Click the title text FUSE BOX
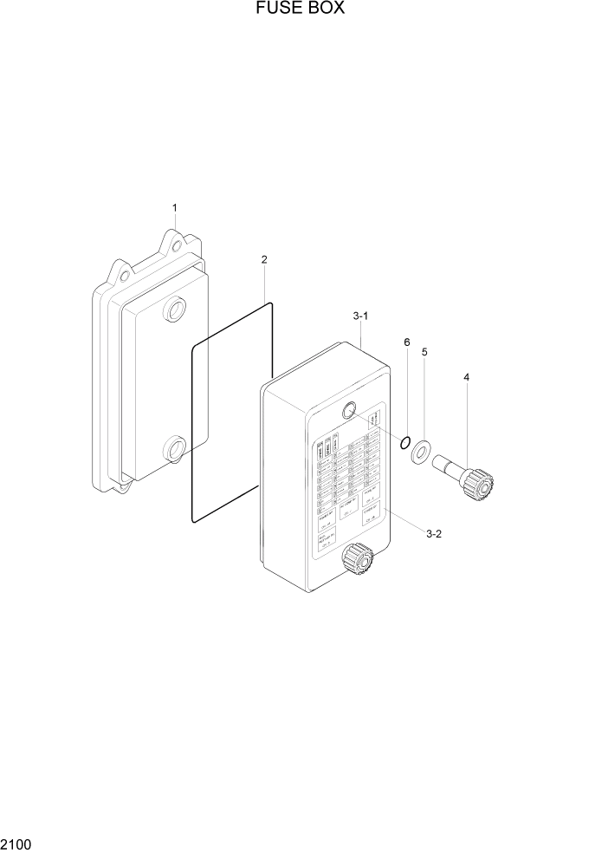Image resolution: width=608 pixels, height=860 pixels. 301,10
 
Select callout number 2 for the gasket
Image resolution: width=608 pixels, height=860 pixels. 264,259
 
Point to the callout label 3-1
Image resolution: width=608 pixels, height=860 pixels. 361,317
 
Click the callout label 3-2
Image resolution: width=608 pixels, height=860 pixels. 435,534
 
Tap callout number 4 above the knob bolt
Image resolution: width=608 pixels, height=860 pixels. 467,377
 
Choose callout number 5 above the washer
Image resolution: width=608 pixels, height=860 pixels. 424,352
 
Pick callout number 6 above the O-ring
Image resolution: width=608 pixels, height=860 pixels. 406,342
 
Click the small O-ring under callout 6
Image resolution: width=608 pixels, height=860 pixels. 404,444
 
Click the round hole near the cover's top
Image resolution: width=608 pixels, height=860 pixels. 351,412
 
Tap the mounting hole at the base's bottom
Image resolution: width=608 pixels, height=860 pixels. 122,483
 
